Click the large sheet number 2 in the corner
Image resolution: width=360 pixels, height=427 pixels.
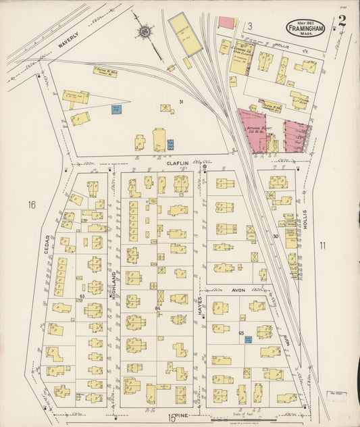coord(342,21)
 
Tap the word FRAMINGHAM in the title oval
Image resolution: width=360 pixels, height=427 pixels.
coord(307,28)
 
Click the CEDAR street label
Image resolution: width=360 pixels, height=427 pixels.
coord(47,245)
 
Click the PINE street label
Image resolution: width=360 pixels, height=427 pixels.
coord(182,414)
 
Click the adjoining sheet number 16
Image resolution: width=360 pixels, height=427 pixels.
coord(31,204)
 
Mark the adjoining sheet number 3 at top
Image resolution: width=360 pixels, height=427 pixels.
coord(249,26)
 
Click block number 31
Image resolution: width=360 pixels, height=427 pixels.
coord(181,102)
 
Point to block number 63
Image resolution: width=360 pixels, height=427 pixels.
coord(82,296)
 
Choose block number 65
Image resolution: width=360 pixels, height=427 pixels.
coord(241,332)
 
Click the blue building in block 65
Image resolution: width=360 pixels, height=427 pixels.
coord(248,340)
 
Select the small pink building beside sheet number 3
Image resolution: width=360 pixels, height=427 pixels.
coord(226,23)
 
